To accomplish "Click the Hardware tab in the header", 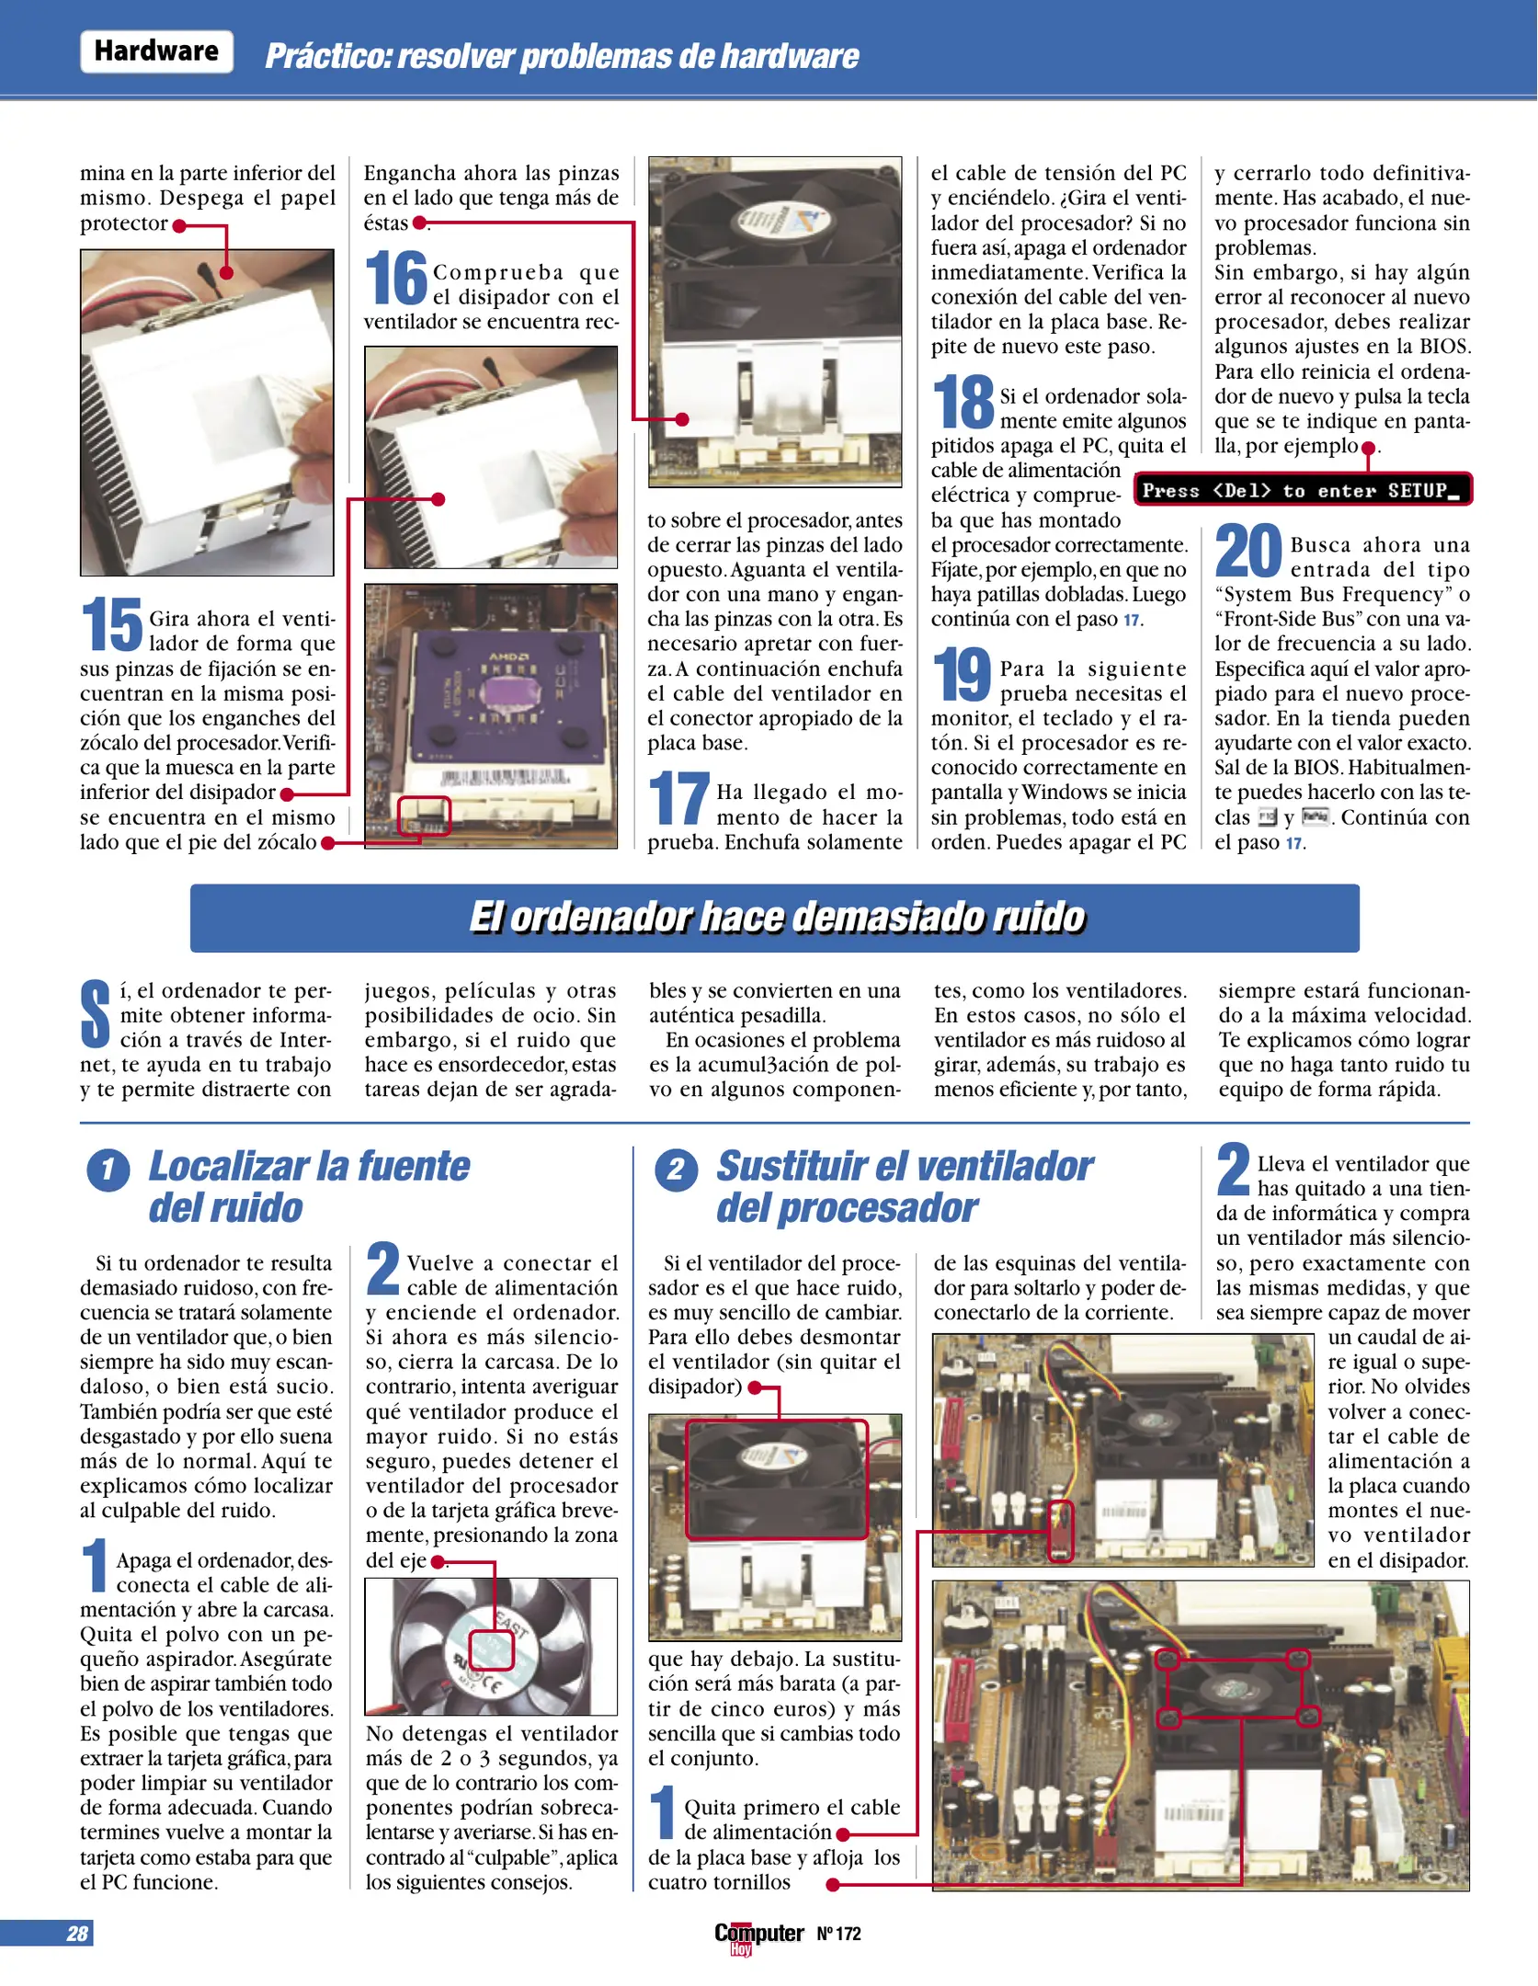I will pos(156,51).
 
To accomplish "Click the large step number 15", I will pos(111,624).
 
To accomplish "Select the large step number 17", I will pos(678,799).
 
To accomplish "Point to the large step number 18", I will pos(963,403).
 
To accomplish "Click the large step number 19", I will pos(962,675).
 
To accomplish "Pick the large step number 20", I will pos(1247,551).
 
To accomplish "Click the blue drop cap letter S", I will pos(95,1014).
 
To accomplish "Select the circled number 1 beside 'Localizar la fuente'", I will pos(108,1170).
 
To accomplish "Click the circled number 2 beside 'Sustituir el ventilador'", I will pos(676,1170).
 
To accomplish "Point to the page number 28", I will pos(76,1934).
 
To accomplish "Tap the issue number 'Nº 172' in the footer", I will pos(838,1934).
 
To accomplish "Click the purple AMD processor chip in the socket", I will pos(493,691).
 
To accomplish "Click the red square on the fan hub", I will pos(490,1650).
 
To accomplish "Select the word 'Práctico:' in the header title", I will pos(328,57).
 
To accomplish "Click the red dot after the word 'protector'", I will pos(179,225).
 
